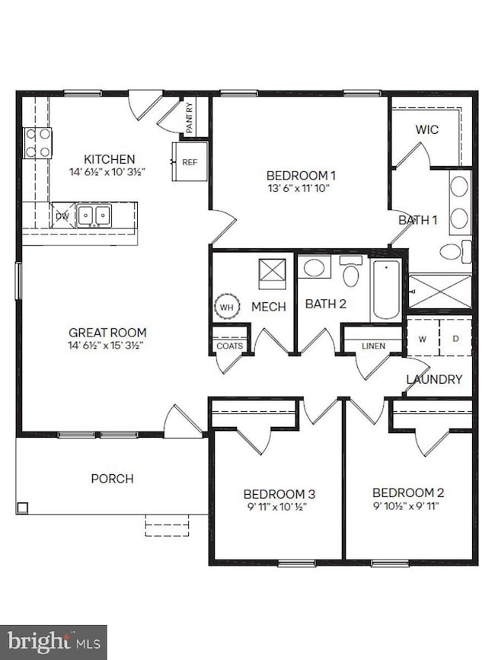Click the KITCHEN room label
tap(109, 159)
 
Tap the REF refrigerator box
tap(190, 161)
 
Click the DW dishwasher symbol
tap(62, 215)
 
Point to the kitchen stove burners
tap(37, 142)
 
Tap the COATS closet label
tap(230, 346)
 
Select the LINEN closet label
tap(373, 346)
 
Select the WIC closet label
tap(426, 129)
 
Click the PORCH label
tap(112, 478)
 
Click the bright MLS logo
tap(53, 642)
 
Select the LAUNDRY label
tap(434, 378)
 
